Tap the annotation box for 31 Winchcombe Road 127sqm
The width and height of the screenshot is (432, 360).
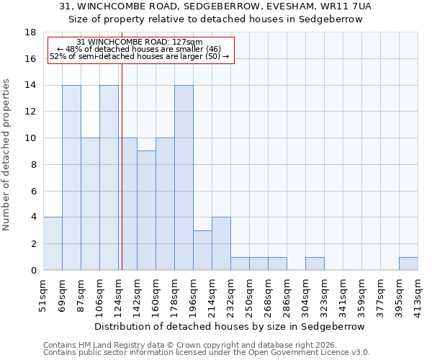pyautogui.click(x=141, y=50)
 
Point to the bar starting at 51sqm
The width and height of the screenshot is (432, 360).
pyautogui.click(x=53, y=244)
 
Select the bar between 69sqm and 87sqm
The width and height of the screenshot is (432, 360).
pyautogui.click(x=71, y=178)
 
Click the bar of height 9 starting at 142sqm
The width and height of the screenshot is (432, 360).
pyautogui.click(x=146, y=211)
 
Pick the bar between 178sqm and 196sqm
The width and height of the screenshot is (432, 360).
pyautogui.click(x=184, y=178)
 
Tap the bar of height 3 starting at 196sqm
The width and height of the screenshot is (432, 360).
pyautogui.click(x=202, y=251)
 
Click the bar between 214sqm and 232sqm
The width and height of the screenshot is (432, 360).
pyautogui.click(x=221, y=244)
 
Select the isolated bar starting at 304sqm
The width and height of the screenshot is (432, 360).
pyautogui.click(x=315, y=264)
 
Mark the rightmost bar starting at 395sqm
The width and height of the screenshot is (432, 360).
pyautogui.click(x=408, y=264)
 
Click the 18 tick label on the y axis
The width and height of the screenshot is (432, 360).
pyautogui.click(x=31, y=32)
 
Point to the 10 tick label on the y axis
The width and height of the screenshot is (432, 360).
pyautogui.click(x=31, y=138)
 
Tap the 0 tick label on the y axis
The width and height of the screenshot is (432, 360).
pyautogui.click(x=34, y=271)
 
